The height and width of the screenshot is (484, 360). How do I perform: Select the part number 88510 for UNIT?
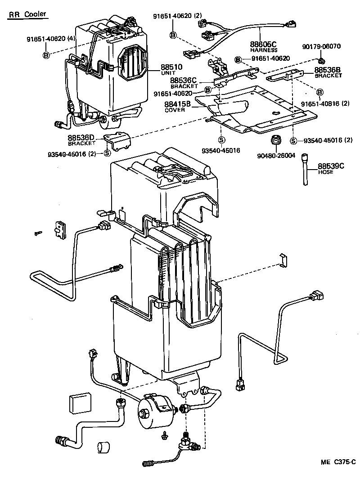click(x=171, y=67)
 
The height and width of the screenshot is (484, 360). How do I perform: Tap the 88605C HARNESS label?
click(x=264, y=46)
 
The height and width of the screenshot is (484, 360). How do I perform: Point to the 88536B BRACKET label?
click(x=328, y=72)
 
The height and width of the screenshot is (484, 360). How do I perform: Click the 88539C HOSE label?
click(x=331, y=168)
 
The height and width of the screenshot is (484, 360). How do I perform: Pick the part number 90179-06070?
click(x=321, y=46)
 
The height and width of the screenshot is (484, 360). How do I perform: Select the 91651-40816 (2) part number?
click(x=325, y=104)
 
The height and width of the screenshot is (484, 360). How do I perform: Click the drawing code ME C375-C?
click(x=338, y=462)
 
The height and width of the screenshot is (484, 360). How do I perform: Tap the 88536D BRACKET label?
click(x=82, y=139)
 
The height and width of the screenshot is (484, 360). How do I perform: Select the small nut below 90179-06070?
click(x=321, y=60)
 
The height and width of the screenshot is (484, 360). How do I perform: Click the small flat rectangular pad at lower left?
click(x=80, y=403)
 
